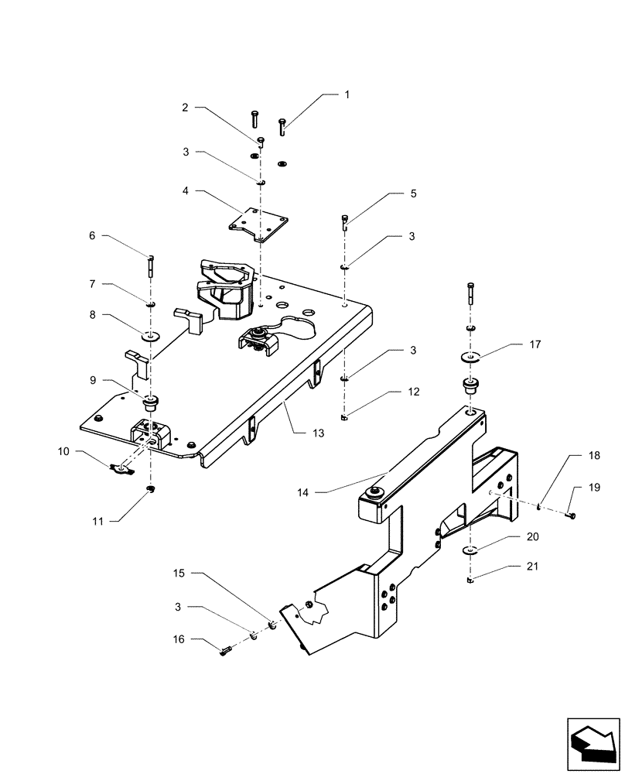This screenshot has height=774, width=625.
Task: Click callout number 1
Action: point(347,94)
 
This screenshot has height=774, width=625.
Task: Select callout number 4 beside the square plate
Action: point(186,190)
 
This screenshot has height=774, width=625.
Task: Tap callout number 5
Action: point(414,194)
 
